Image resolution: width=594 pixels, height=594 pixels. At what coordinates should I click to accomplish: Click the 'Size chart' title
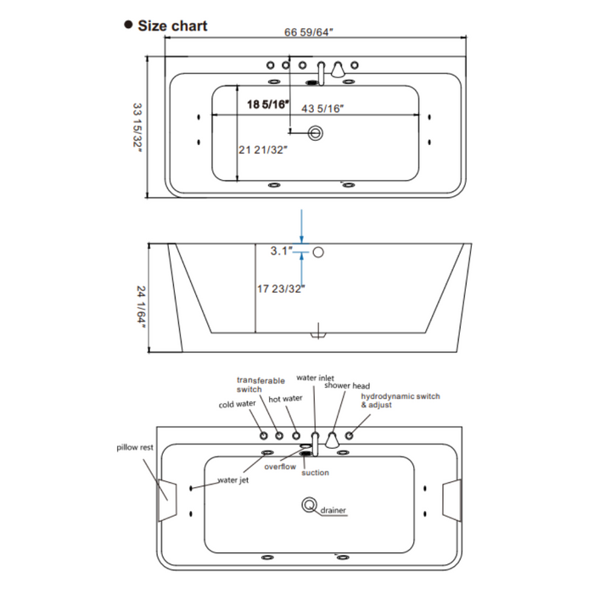click(x=172, y=25)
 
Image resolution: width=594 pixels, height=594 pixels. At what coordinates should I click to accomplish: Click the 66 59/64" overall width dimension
click(x=309, y=34)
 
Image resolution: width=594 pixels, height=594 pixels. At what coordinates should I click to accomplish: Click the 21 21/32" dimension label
click(x=263, y=150)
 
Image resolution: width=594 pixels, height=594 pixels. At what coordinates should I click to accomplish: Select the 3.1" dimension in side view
click(x=283, y=251)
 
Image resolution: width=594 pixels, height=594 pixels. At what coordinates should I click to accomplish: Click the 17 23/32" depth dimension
click(x=281, y=289)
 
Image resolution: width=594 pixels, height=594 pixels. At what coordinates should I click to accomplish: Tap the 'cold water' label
click(x=237, y=405)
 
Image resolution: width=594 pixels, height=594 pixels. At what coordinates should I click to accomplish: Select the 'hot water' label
click(x=285, y=398)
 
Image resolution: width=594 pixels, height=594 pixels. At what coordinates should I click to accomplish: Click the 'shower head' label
click(x=346, y=385)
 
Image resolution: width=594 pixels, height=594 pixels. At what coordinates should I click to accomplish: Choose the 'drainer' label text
click(x=333, y=511)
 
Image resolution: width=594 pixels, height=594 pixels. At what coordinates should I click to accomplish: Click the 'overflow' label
click(x=279, y=466)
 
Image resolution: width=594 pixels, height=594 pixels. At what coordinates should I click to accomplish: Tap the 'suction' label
click(x=315, y=473)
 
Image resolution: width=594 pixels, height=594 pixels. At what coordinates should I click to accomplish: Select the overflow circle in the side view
click(x=318, y=252)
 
